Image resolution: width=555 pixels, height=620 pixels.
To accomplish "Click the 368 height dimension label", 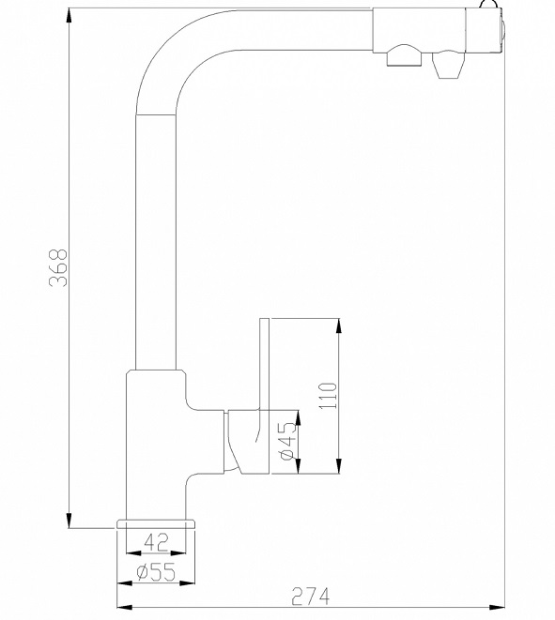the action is pos(58,267).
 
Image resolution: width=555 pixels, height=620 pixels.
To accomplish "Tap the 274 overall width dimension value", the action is pos(310,597).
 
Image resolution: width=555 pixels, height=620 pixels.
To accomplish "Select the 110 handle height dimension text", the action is pos(328,396).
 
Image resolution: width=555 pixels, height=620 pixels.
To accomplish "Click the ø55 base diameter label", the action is pos(156,572).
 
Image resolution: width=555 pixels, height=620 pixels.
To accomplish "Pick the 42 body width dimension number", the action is pos(156,542).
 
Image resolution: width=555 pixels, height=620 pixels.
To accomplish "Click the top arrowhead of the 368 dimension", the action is pos(69,18).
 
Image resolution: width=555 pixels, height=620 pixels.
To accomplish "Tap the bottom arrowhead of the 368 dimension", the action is pos(69,519).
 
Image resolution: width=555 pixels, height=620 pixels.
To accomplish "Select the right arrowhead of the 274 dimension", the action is pos(496,608).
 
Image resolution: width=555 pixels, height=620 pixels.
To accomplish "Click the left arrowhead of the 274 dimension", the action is pos(126,608).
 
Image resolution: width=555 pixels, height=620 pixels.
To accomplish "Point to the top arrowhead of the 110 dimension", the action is pos(338,327).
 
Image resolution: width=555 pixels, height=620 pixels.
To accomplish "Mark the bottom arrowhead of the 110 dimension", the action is pos(338,464).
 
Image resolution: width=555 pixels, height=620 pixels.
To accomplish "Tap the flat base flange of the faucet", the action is pos(156,524).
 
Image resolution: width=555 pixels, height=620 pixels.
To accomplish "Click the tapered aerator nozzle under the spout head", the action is pos(448,66).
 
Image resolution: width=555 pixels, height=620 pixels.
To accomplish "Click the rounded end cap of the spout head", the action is pos(501,31).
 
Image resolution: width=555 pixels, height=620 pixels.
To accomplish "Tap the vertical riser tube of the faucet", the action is pos(156,242).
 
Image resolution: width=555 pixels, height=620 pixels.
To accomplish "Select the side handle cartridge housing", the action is pos(247,442).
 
